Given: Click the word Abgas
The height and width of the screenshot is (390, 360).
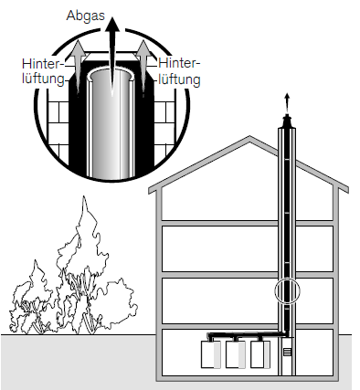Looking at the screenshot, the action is (x=85, y=16).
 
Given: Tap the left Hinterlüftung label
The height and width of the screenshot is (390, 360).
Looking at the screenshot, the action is (x=43, y=71).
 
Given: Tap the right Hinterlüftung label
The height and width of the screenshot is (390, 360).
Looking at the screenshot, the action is (x=179, y=72).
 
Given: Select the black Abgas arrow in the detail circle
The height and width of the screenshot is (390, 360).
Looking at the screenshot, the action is (x=112, y=55).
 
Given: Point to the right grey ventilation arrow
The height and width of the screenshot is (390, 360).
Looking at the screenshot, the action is (x=143, y=66).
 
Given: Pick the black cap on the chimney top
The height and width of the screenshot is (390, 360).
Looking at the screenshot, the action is (x=287, y=121).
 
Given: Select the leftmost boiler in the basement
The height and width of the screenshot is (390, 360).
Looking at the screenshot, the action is (x=211, y=354).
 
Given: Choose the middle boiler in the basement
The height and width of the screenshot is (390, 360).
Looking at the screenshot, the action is (x=236, y=354).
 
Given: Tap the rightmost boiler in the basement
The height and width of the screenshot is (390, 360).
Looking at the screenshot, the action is (x=260, y=354).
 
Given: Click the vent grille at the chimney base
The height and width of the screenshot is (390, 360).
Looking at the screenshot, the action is (x=287, y=353).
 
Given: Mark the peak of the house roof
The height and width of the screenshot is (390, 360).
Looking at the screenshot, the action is (x=249, y=136).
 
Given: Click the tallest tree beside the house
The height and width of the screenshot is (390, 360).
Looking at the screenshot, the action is (x=84, y=265).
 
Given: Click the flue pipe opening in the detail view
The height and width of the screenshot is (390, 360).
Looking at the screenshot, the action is (x=112, y=76).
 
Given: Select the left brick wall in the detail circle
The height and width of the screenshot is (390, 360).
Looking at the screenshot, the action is (x=58, y=128).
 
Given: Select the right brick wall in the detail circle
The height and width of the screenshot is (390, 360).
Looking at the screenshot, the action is (x=165, y=126).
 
